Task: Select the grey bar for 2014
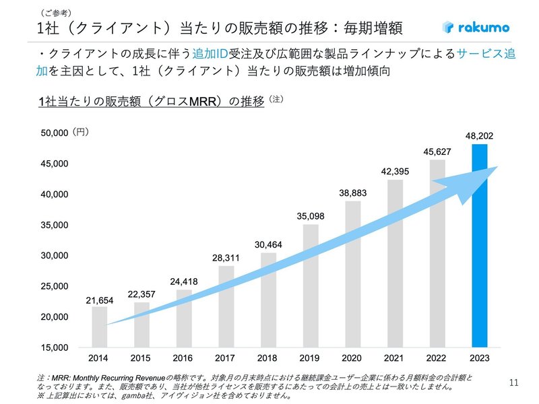point(99,327)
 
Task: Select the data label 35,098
point(311,216)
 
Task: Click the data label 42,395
point(395,171)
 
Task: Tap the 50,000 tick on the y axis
point(53,133)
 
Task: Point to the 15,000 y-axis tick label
point(53,347)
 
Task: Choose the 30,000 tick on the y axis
point(53,256)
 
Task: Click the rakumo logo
point(476,28)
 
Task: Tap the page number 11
point(513,383)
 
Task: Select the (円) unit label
point(80,133)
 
